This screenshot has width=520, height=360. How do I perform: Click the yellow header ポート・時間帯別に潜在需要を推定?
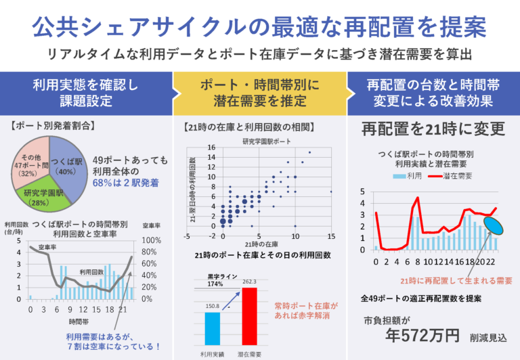(259, 93)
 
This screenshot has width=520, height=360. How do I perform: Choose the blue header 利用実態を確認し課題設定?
(86, 93)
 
